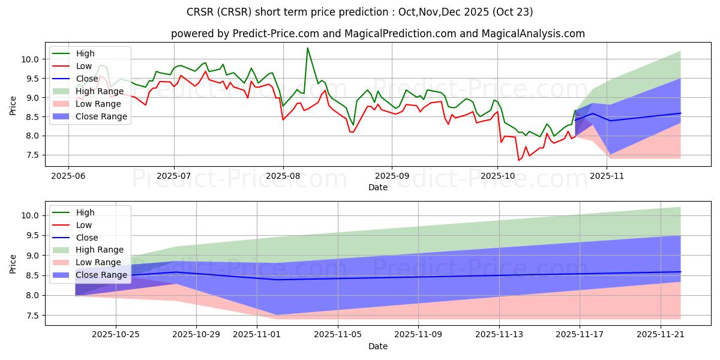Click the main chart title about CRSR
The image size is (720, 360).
(360, 11)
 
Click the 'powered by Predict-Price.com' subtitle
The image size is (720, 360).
(378, 34)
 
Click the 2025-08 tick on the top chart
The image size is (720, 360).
(283, 176)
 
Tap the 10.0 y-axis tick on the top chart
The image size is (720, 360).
(30, 59)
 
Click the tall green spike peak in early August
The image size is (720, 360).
(307, 48)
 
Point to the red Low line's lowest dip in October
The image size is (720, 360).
(519, 160)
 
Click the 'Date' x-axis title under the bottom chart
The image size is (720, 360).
(378, 346)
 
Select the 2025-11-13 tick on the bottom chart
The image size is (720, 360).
(499, 335)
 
